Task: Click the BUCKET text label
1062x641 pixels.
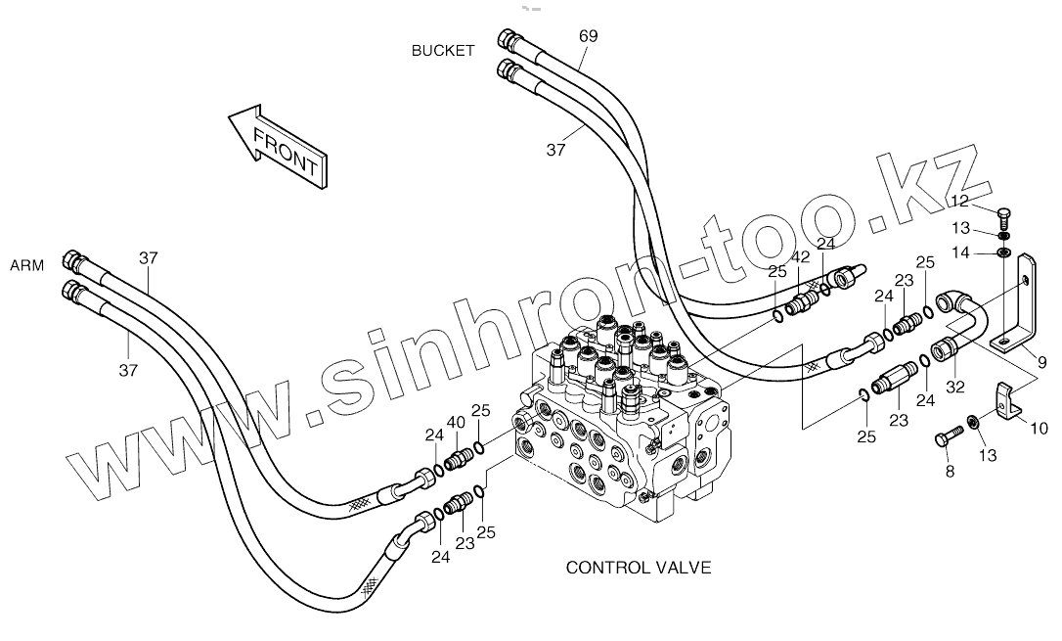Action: pyautogui.click(x=442, y=51)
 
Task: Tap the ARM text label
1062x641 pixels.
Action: pyautogui.click(x=27, y=265)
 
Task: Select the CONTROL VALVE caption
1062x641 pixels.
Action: pyautogui.click(x=639, y=567)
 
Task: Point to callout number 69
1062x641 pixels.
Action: pyautogui.click(x=588, y=35)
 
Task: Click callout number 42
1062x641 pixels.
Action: pyautogui.click(x=800, y=257)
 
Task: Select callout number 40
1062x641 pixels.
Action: pyautogui.click(x=455, y=423)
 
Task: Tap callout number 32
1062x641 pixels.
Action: pyautogui.click(x=954, y=386)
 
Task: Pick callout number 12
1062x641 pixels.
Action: pyautogui.click(x=959, y=201)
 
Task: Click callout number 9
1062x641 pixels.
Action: pyautogui.click(x=1040, y=362)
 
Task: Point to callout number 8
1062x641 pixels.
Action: pyautogui.click(x=948, y=473)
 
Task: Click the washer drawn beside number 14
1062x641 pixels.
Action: pyautogui.click(x=1004, y=253)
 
